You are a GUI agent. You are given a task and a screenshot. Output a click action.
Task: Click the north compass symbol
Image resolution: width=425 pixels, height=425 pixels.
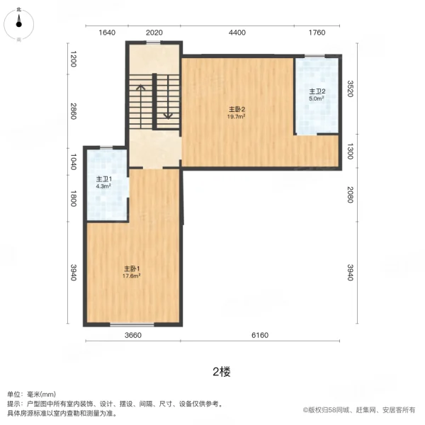click(19, 23)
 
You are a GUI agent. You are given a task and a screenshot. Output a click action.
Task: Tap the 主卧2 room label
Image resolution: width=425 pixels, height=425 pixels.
click(237, 109)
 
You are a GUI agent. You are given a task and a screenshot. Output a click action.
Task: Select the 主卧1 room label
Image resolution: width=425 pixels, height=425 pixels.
click(132, 268)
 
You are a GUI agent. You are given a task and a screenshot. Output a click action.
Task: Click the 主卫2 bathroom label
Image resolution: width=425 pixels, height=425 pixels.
click(317, 91)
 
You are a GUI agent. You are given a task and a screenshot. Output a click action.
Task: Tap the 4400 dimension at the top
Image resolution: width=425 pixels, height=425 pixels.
click(237, 33)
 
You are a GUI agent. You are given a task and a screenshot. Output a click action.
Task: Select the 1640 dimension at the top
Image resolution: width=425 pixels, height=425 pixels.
click(107, 33)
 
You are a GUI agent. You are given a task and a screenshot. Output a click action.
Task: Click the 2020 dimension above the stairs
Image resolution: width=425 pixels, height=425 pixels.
click(154, 33)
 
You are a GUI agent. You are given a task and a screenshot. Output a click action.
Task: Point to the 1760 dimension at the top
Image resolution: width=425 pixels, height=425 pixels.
click(317, 33)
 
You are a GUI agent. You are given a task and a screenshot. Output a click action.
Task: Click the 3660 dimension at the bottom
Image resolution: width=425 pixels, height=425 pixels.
click(132, 335)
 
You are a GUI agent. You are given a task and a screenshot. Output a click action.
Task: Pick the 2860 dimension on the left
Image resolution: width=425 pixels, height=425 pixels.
click(72, 111)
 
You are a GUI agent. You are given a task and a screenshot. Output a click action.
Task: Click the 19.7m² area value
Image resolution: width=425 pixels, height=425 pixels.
click(237, 116)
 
